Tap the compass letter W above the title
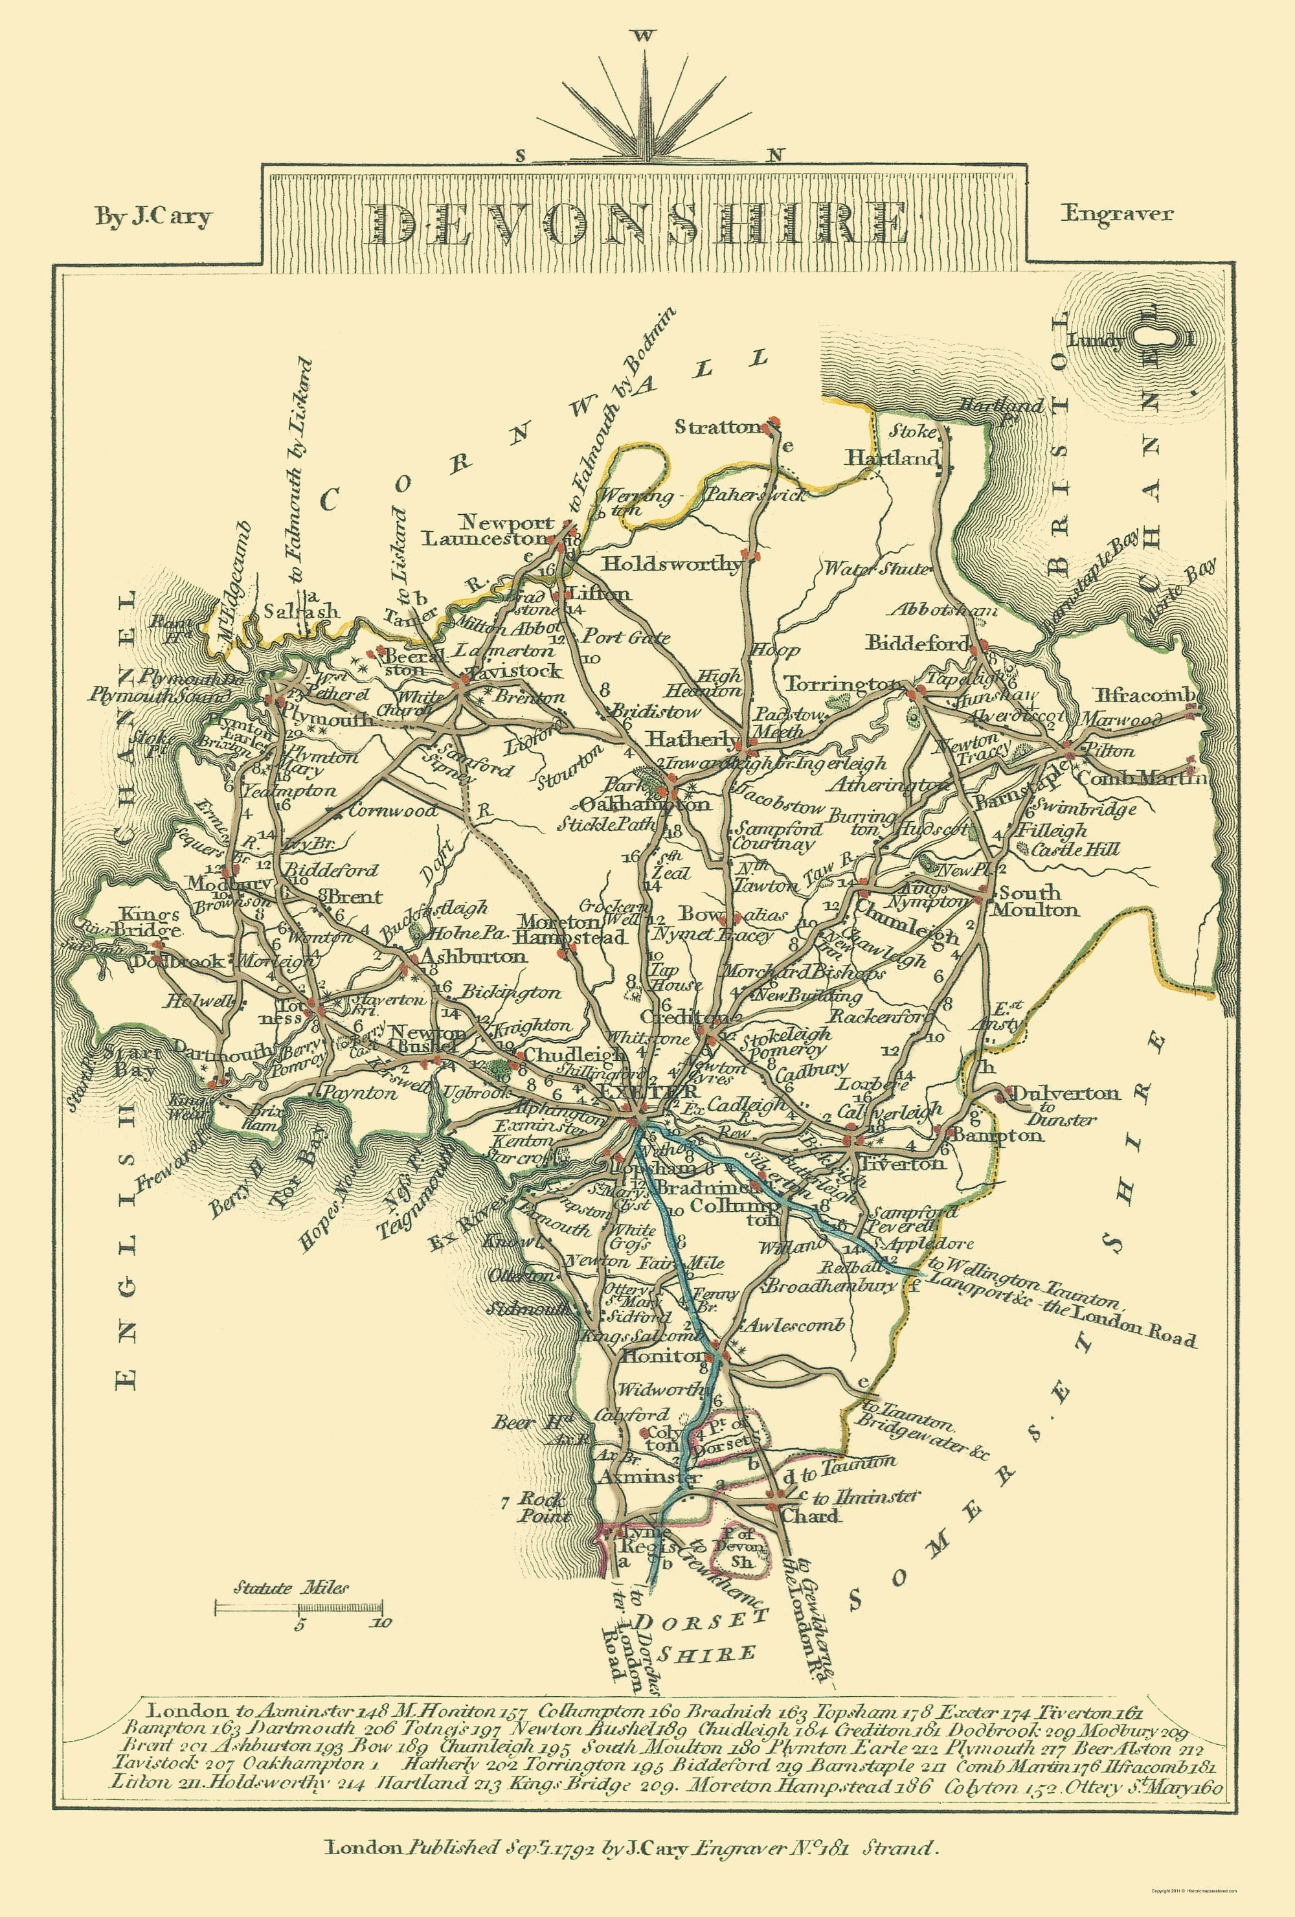coord(644,36)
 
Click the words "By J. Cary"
coord(153,217)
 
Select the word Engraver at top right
coord(1117,214)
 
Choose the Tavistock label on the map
coord(516,670)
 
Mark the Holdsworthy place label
coord(671,564)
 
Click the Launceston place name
coord(485,539)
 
